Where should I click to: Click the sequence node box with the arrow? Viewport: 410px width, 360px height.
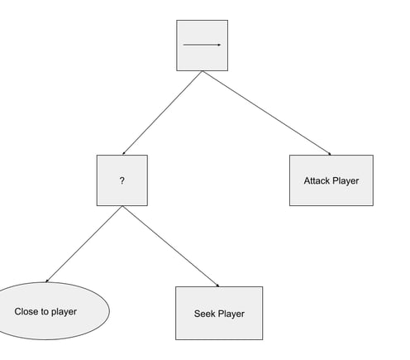coord(202,46)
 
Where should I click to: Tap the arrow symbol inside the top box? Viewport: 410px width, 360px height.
coord(202,45)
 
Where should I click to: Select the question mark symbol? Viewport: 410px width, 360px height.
coord(122,180)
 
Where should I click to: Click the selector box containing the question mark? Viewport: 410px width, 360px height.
coord(122,180)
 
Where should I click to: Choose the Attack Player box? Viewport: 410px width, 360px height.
coord(331,180)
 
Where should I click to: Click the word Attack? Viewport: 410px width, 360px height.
coord(317,180)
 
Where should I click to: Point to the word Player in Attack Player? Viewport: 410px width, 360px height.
coord(346,181)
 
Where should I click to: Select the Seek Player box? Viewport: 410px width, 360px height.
coord(219,313)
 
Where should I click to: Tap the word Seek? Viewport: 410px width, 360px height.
coord(204,314)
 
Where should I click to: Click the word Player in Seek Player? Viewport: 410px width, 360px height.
coord(231,314)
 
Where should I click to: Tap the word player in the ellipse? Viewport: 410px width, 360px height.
coord(64,312)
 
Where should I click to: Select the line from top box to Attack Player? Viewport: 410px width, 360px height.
coord(267,113)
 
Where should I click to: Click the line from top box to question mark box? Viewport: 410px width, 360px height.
coord(162,113)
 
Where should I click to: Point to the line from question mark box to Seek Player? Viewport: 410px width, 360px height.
coord(171,247)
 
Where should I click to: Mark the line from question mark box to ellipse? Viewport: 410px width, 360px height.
coord(84,244)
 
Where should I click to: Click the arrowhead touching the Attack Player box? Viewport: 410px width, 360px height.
coord(330,154)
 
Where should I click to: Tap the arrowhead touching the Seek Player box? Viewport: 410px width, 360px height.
coord(218,286)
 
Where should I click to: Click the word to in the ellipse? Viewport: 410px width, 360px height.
coord(45,312)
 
